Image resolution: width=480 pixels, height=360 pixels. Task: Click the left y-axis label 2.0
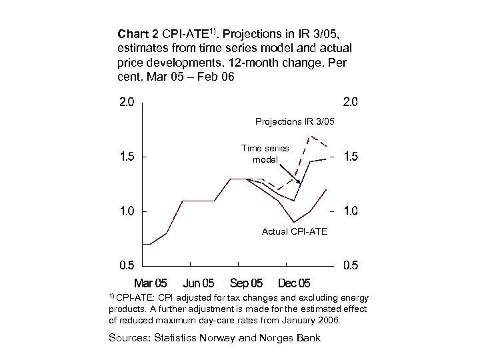127,103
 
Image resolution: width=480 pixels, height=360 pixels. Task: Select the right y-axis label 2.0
351,103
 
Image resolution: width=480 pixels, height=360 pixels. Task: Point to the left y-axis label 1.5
127,157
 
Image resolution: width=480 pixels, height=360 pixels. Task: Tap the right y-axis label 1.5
351,157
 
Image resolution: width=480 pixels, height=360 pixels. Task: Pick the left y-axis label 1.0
127,211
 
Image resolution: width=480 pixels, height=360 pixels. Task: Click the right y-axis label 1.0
351,211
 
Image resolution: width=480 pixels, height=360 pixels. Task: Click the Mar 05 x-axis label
152,283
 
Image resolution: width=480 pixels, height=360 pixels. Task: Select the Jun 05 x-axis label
199,283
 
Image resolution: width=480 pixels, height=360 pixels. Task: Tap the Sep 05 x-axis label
246,283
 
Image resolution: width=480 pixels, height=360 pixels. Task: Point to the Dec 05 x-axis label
293,283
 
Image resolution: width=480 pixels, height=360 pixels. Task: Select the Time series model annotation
265,154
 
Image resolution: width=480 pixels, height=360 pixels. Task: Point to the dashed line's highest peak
310,136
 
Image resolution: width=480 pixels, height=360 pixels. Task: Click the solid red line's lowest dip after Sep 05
294,222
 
